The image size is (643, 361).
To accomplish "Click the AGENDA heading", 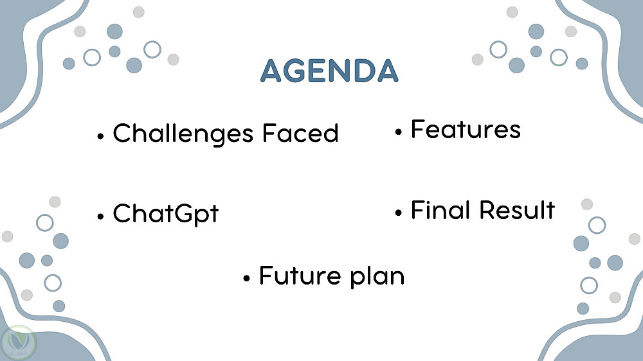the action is [329, 71].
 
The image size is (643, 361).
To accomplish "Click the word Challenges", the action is [183, 134].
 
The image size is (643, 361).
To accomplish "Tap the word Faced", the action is [300, 133].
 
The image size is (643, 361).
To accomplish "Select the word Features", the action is [466, 130].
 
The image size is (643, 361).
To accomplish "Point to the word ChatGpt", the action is [166, 213].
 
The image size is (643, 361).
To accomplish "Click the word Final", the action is [440, 210].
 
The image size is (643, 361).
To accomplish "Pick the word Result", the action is [518, 210].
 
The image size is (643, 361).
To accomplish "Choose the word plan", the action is [377, 277].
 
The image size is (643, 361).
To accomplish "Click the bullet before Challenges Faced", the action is [100, 136].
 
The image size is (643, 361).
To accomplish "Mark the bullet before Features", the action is [398, 132].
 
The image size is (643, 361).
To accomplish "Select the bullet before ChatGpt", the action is [100, 216].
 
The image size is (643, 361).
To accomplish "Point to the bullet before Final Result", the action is [398, 213].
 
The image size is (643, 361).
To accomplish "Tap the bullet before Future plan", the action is [246, 279].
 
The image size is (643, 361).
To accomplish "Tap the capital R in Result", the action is [487, 210].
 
